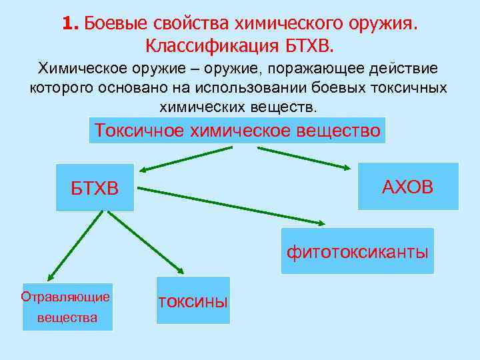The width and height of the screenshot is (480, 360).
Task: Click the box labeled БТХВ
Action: click(x=95, y=187)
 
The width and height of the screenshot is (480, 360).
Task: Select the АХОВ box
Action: click(x=408, y=186)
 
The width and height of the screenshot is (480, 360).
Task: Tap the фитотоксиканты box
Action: click(x=357, y=251)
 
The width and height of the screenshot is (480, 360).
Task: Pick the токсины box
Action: click(x=193, y=301)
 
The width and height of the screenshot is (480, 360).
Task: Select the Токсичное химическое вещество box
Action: click(x=237, y=130)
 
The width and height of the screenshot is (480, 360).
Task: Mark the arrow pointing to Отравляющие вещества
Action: click(x=73, y=244)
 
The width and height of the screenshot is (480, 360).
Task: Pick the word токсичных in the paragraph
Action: click(x=411, y=87)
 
